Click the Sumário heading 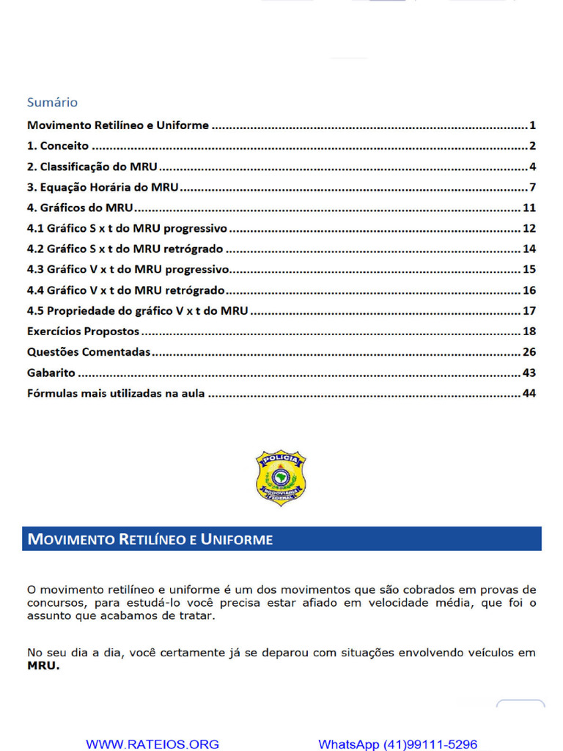(52, 102)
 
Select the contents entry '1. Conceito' (58, 146)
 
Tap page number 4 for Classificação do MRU (533, 166)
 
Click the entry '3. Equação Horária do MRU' (103, 187)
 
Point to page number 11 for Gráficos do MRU (529, 208)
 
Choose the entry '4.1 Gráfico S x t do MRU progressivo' (127, 228)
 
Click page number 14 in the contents (529, 249)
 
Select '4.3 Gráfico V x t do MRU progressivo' (128, 269)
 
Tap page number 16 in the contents (529, 290)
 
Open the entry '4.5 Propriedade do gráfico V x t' (137, 311)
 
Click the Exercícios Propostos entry (83, 331)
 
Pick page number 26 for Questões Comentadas (529, 352)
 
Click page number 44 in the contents (529, 393)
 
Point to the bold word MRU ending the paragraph (43, 667)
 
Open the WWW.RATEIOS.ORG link (152, 744)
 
